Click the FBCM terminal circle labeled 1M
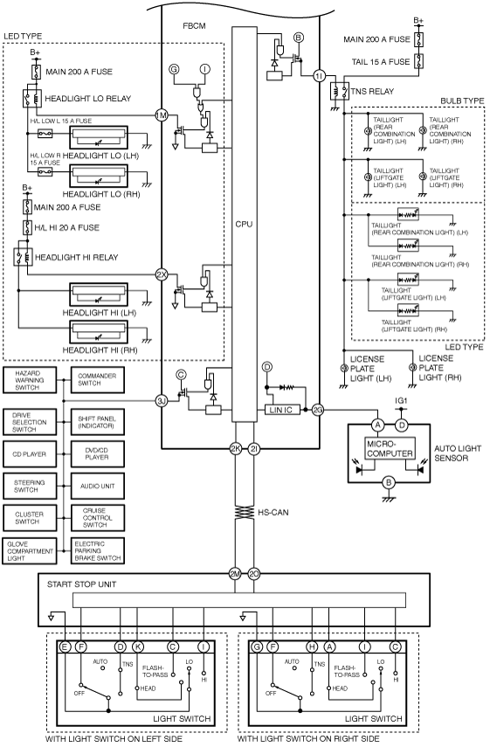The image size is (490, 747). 162,114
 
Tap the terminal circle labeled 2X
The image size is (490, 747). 162,274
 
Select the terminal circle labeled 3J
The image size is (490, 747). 162,401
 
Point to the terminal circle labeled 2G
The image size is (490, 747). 318,409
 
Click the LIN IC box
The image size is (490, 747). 282,410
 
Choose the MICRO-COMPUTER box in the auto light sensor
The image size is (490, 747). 390,448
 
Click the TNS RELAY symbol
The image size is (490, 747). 340,91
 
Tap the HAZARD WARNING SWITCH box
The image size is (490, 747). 29,380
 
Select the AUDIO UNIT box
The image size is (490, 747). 98,486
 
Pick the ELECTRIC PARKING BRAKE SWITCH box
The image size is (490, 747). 98,550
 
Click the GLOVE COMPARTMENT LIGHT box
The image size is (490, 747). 29,551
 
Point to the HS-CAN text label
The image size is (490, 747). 273,513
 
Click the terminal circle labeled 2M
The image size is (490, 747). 235,575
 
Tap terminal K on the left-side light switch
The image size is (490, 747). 138,647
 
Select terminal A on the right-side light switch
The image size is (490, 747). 329,647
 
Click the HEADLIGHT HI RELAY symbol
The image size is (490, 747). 23,257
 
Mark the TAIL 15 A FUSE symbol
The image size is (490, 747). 419,61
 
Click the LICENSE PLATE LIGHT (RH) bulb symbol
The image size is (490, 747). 412,368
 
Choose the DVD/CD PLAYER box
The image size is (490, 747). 98,453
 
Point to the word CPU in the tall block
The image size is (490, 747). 244,224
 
